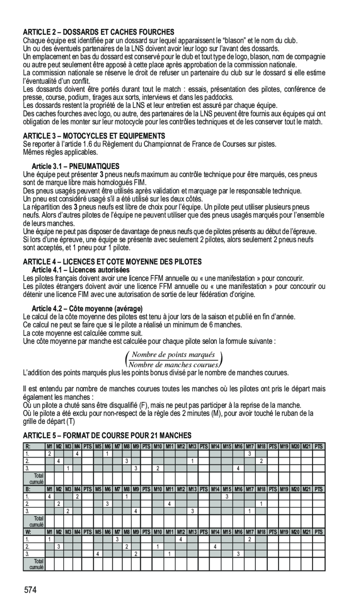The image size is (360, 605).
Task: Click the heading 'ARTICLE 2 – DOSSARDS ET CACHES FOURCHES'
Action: pos(99,32)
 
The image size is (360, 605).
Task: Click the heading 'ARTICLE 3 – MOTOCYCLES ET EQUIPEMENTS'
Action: pos(94,135)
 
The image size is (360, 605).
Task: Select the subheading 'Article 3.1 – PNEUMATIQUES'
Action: pos(75,166)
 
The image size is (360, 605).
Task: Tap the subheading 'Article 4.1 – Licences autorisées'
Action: pos(80,270)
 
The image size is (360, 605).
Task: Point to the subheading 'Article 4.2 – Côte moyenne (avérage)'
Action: pos(87,309)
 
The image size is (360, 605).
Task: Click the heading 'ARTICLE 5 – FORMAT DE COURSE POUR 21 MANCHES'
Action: pos(107,435)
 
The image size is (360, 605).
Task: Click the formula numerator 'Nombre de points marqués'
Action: pos(174,355)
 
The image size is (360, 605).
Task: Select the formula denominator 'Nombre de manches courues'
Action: pos(174,364)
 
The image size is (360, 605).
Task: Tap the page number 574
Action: pos(31,590)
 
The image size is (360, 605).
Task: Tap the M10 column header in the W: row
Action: pos(158,532)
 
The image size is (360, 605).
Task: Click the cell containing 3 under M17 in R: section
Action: pos(250,454)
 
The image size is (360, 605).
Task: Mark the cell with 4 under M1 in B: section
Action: pos(49,497)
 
